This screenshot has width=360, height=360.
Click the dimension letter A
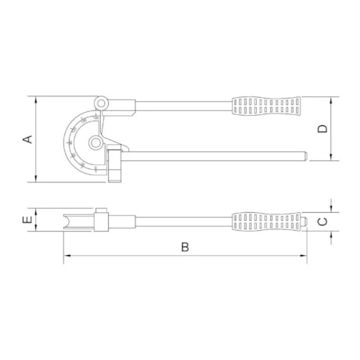point(27,139)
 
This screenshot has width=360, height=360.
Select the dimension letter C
point(322,221)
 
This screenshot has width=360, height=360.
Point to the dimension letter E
point(27,221)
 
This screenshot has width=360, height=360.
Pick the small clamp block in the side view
point(100,220)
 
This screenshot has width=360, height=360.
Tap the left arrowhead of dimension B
point(66,257)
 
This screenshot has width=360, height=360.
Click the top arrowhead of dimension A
point(37,99)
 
